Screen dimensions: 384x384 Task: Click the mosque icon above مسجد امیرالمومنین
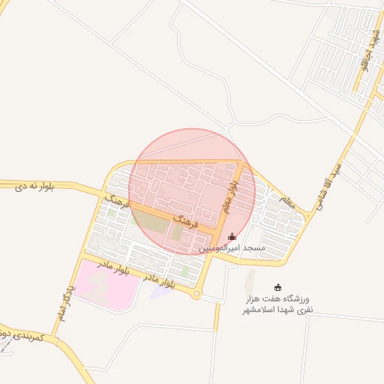[x=232, y=236]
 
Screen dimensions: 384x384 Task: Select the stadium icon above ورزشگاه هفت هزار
[x=278, y=286]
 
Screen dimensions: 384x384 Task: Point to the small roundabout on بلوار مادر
[x=196, y=295]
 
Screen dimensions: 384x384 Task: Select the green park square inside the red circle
[x=177, y=233]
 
